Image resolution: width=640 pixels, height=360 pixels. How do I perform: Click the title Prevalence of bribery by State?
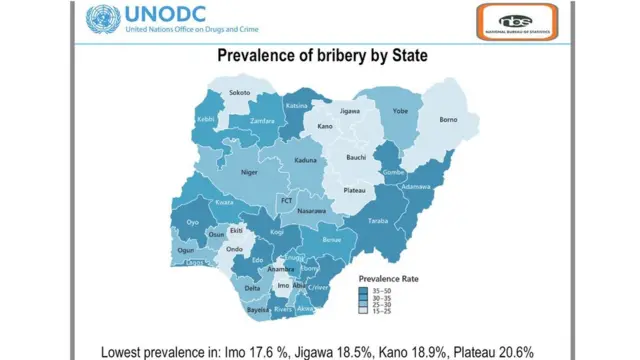(322, 56)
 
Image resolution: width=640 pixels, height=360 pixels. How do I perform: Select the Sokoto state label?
(240, 93)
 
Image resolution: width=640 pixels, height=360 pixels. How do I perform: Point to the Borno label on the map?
(449, 120)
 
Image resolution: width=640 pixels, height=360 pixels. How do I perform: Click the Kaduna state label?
(305, 159)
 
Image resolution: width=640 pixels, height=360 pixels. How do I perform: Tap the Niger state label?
(249, 172)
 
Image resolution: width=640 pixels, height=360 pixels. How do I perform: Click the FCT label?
(286, 200)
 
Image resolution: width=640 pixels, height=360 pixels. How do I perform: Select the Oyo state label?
(194, 222)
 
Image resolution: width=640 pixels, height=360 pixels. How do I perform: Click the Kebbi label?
(206, 119)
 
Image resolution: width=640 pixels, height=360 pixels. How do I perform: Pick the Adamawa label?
(417, 187)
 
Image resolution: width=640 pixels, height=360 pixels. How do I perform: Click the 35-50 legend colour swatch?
(362, 290)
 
